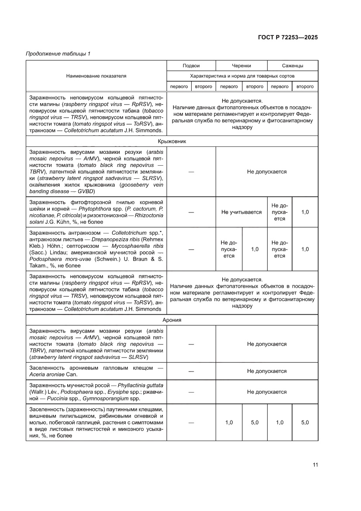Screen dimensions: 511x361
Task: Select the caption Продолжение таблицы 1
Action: click(x=58, y=54)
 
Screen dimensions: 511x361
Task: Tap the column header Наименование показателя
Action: click(x=96, y=76)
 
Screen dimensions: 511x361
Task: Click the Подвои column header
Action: click(x=191, y=66)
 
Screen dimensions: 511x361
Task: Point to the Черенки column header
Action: click(x=241, y=66)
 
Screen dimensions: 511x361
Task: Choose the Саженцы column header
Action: click(x=292, y=66)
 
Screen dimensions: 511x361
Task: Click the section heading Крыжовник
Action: click(x=172, y=141)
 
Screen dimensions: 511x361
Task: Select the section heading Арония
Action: click(x=172, y=320)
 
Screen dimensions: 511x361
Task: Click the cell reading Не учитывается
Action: click(x=241, y=212)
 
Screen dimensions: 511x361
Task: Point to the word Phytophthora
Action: click(x=99, y=209)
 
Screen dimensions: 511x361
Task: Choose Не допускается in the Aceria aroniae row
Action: click(x=267, y=371)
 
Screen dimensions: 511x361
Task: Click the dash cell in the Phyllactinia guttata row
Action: click(x=191, y=392)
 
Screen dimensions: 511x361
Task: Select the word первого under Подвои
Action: click(x=179, y=87)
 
